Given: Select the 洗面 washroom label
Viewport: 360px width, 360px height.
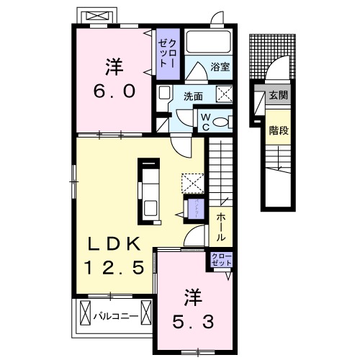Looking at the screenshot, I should click(192, 95).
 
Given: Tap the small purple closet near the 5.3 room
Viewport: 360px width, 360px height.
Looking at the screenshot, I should click(220, 260).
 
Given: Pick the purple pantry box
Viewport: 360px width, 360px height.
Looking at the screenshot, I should click(193, 207).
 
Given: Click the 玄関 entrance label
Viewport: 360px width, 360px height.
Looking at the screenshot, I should click(277, 95).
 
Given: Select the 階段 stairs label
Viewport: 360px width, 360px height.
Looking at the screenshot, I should click(278, 131).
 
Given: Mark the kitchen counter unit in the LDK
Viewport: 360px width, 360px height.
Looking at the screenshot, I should click(150, 189).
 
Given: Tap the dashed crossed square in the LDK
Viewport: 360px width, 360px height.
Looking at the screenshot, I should click(192, 180).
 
